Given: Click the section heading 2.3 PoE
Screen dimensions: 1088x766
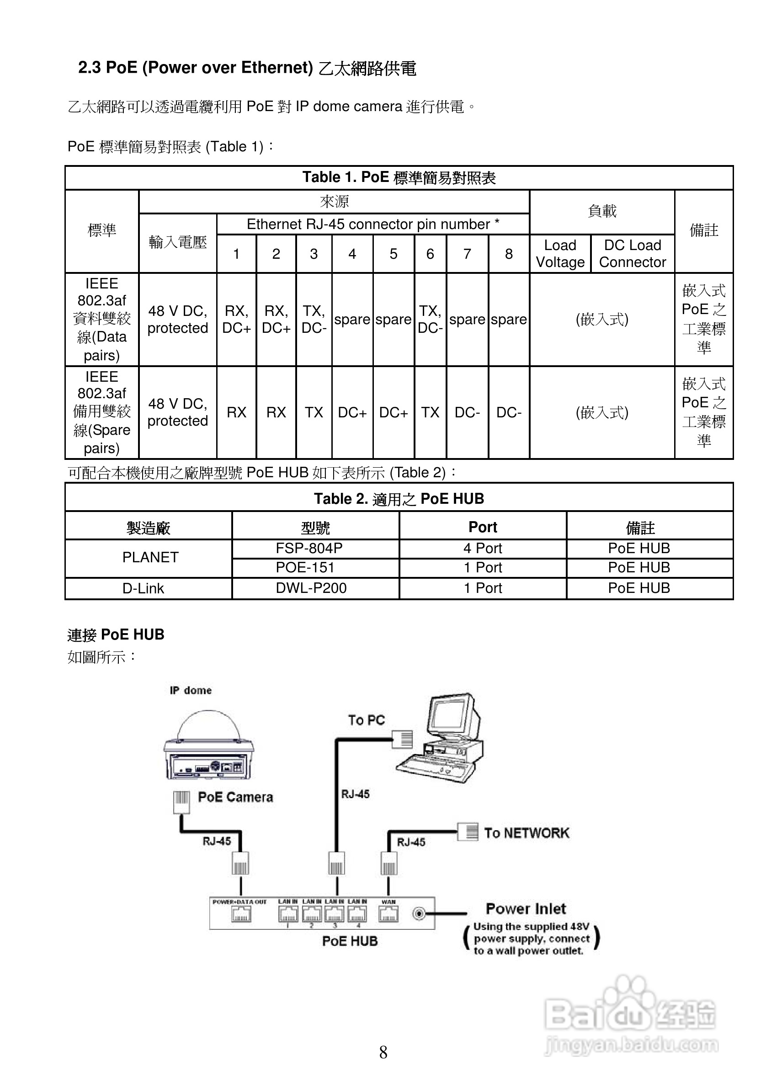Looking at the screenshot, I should pyautogui.click(x=247, y=68).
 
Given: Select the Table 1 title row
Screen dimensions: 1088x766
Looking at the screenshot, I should pyautogui.click(x=399, y=178).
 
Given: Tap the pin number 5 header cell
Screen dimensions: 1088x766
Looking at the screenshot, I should pyautogui.click(x=393, y=254).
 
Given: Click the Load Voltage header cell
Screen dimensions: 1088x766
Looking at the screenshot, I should pyautogui.click(x=560, y=254).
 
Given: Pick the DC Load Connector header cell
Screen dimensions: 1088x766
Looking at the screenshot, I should pyautogui.click(x=633, y=254).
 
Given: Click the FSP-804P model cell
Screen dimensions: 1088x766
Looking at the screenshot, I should pyautogui.click(x=309, y=549).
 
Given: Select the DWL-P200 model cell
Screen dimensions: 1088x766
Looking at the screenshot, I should pyautogui.click(x=311, y=588).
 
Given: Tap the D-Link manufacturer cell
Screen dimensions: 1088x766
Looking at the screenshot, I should pyautogui.click(x=143, y=588).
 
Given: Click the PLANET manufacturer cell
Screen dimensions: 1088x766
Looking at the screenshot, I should pyautogui.click(x=150, y=557).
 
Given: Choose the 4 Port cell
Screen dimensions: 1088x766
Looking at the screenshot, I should pyautogui.click(x=482, y=549).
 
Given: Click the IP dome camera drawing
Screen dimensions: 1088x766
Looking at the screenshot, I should pyautogui.click(x=208, y=744).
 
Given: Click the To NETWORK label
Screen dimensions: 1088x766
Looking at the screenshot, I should pyautogui.click(x=527, y=833).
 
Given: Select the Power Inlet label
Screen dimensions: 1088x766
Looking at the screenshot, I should pyautogui.click(x=526, y=908).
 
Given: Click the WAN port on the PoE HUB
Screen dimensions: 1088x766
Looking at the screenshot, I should pyautogui.click(x=388, y=913).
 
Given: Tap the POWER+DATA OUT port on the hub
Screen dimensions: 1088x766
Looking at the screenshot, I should pyautogui.click(x=241, y=914).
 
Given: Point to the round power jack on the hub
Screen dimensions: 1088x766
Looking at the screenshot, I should pyautogui.click(x=419, y=913).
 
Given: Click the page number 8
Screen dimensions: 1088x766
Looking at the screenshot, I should pyautogui.click(x=383, y=1052).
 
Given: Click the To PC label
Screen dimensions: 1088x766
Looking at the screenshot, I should pyautogui.click(x=366, y=720).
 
